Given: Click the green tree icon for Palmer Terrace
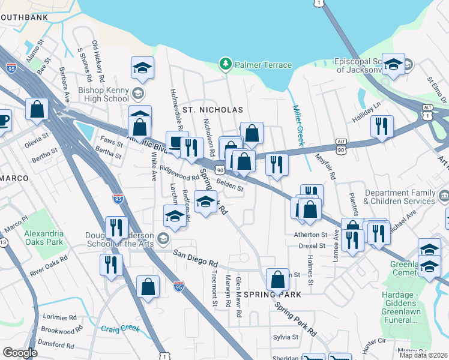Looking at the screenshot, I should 226,64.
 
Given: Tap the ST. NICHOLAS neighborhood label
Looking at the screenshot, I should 213,110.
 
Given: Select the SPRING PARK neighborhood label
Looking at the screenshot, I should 277,295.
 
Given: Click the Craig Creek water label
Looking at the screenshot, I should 120,329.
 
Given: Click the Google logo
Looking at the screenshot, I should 20,353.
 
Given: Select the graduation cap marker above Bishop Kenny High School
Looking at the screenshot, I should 142,68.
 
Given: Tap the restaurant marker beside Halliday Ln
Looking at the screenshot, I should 381,127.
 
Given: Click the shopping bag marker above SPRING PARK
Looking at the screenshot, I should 277,280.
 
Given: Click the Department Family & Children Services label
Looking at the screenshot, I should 399,197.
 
